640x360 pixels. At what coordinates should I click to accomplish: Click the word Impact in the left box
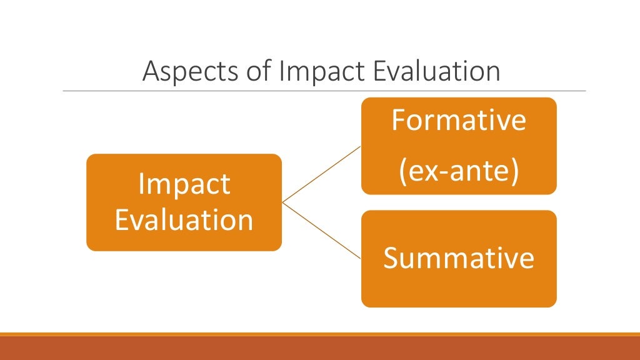184,185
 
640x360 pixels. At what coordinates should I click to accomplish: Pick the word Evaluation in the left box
184,220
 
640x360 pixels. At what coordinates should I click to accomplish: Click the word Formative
458,120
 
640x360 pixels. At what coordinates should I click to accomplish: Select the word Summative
458,257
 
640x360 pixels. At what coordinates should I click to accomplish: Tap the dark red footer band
320,348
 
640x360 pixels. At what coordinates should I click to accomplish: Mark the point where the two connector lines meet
282,202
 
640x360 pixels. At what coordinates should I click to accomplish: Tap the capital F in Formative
397,120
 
